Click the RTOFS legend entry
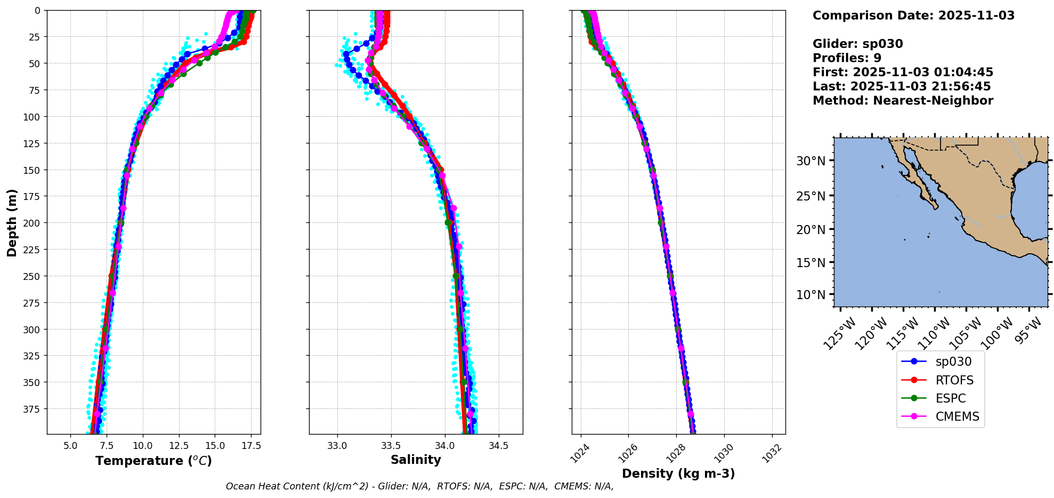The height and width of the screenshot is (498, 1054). (x=954, y=380)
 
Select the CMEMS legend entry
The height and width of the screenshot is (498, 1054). (x=957, y=416)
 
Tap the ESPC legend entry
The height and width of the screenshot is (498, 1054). (x=950, y=398)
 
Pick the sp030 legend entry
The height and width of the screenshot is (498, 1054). (x=953, y=362)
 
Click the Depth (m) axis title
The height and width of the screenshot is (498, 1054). (x=12, y=222)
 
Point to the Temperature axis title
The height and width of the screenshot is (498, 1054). (x=153, y=461)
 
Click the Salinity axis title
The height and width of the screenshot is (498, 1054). (x=416, y=460)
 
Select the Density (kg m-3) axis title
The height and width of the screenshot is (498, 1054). (x=678, y=473)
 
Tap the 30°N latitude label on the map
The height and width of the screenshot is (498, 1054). (x=810, y=161)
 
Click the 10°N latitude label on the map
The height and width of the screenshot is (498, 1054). (x=810, y=295)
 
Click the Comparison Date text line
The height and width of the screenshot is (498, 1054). (x=913, y=15)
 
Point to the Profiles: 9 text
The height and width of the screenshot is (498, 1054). (x=847, y=58)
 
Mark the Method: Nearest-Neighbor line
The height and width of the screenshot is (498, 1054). (x=903, y=101)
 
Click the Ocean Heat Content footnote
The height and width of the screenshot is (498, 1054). (x=419, y=486)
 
